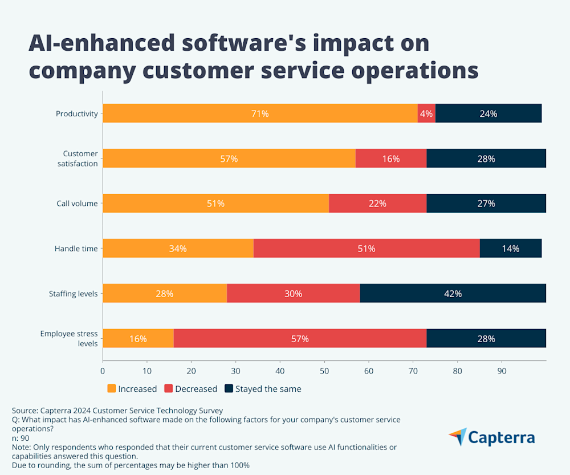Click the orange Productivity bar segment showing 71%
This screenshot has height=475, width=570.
pos(260,113)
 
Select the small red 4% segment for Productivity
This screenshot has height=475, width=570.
pos(426,113)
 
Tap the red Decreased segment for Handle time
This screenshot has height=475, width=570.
pos(367,249)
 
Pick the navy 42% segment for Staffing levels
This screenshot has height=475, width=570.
pos(453,294)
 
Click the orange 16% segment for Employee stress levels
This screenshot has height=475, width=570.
pos(138,339)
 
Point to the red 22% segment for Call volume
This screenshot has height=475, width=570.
pos(377,204)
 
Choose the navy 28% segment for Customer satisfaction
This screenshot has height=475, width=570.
pos(486,159)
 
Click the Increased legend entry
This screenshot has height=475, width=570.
pos(132,389)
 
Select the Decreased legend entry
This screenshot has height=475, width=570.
pos(191,389)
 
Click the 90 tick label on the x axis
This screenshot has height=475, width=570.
pos(502,371)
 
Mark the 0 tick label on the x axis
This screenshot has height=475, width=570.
pos(103,371)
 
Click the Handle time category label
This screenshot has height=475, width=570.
pos(76,249)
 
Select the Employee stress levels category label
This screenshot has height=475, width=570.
pos(69,339)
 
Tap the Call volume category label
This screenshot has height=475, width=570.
pos(77,204)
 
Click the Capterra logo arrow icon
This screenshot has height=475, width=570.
pos(457,437)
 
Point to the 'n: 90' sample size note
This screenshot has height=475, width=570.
pos(22,437)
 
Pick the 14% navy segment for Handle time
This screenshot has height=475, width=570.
pos(511,249)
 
